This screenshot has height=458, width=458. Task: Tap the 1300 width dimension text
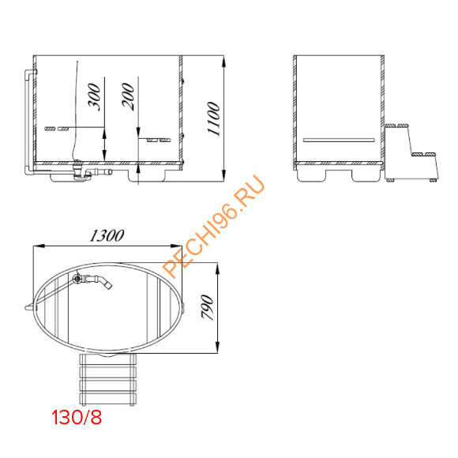[x=108, y=235]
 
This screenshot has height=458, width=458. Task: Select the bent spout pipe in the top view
[x=99, y=280]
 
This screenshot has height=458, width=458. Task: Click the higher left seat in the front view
[x=55, y=127]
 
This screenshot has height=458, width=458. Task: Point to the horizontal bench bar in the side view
[x=339, y=139]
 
